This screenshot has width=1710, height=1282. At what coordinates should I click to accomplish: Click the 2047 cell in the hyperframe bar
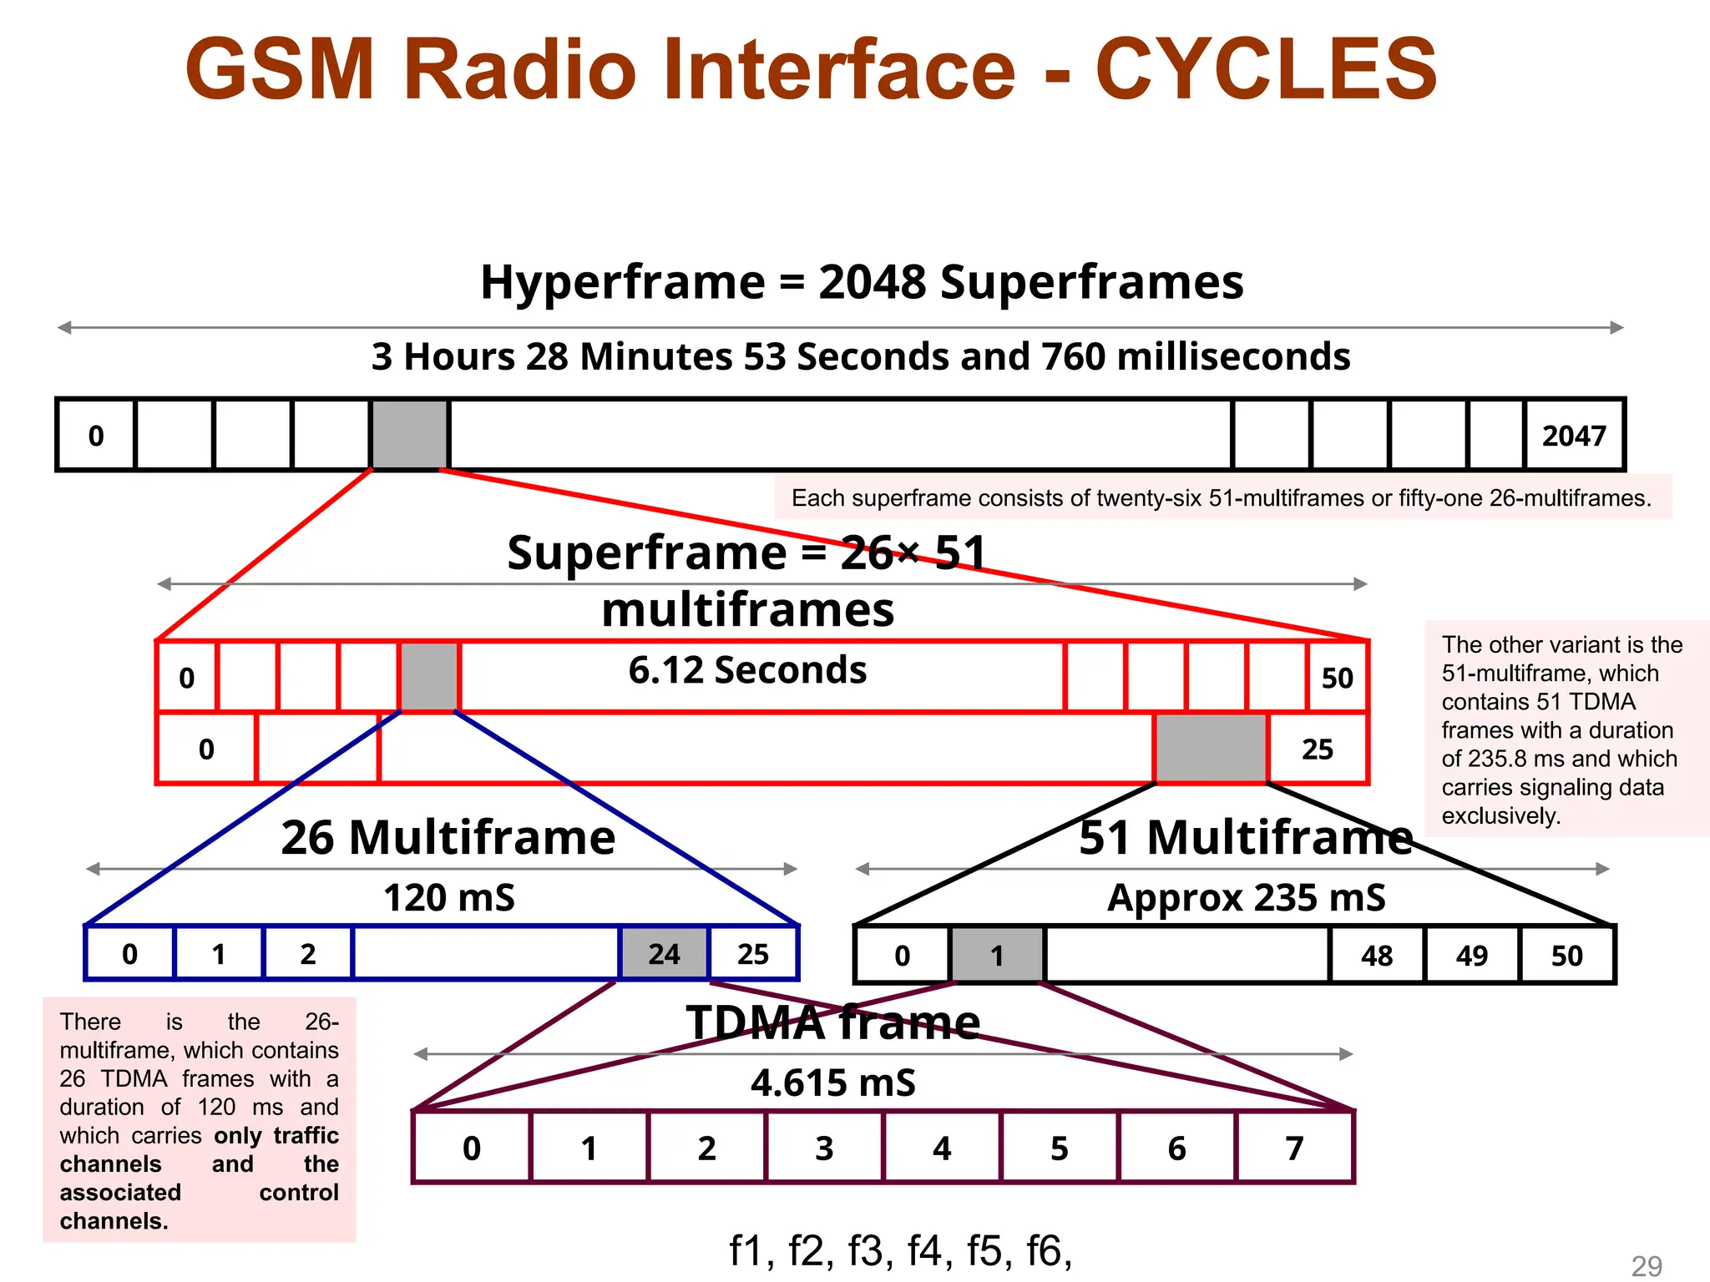(1574, 436)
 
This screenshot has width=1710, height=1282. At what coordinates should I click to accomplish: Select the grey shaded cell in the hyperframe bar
(409, 435)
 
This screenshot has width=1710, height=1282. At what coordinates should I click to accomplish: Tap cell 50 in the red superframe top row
(1337, 677)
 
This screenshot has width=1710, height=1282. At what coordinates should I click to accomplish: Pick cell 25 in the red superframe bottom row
(1317, 749)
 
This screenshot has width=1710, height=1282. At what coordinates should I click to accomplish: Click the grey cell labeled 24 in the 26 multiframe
(664, 953)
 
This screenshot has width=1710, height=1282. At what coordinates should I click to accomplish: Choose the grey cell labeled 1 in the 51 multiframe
(997, 955)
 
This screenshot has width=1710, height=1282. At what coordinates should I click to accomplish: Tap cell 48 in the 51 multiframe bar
(1377, 955)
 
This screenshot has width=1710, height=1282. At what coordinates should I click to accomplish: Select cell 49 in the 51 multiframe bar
(1472, 955)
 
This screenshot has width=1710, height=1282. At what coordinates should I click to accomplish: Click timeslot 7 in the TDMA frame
(1294, 1148)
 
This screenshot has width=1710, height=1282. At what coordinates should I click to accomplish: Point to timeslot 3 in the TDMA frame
(824, 1148)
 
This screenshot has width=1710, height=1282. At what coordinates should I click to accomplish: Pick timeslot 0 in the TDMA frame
(472, 1148)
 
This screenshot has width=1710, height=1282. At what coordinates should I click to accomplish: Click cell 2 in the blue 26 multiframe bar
(308, 953)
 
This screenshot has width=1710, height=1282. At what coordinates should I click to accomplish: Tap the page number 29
(1647, 1265)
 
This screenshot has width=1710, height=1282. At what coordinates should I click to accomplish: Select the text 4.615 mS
(832, 1083)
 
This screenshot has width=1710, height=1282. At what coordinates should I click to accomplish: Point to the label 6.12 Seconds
(747, 669)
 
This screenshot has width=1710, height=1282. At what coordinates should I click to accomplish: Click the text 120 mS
(449, 898)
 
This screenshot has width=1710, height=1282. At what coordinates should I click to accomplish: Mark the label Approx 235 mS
(1246, 898)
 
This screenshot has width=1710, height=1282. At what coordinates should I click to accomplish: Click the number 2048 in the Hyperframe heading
(872, 282)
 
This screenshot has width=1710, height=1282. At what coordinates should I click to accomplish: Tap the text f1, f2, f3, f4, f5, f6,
(900, 1250)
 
